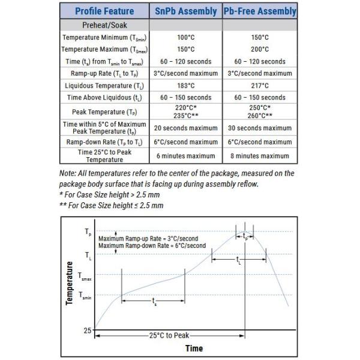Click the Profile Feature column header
(x=104, y=11)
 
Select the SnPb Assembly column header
(x=185, y=11)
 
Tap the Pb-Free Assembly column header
(x=260, y=11)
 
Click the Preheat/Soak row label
(x=104, y=26)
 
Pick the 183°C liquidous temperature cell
(x=185, y=85)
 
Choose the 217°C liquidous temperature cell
(x=260, y=85)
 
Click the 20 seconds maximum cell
(x=185, y=128)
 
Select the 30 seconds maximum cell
(x=260, y=128)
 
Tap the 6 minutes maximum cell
(x=185, y=156)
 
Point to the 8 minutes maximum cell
(x=260, y=156)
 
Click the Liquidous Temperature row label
(x=104, y=85)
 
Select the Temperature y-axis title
(x=70, y=283)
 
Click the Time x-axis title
(x=194, y=349)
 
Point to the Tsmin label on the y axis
(x=85, y=296)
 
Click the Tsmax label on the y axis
(x=85, y=275)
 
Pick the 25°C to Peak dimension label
(x=173, y=335)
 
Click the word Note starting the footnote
(x=68, y=173)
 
